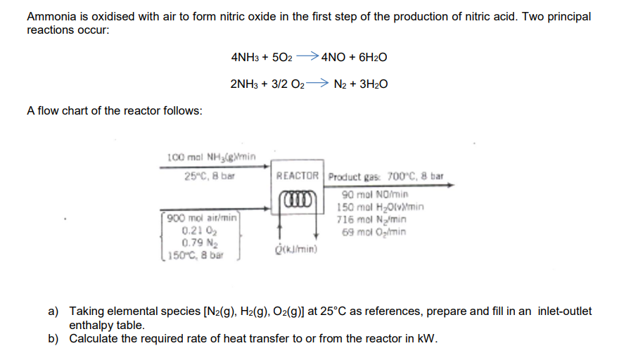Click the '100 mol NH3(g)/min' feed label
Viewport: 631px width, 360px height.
(x=212, y=156)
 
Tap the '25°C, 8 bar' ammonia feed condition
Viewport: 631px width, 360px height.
(x=205, y=176)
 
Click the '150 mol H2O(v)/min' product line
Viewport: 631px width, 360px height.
(x=381, y=205)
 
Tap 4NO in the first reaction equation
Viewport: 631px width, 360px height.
(x=332, y=58)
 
